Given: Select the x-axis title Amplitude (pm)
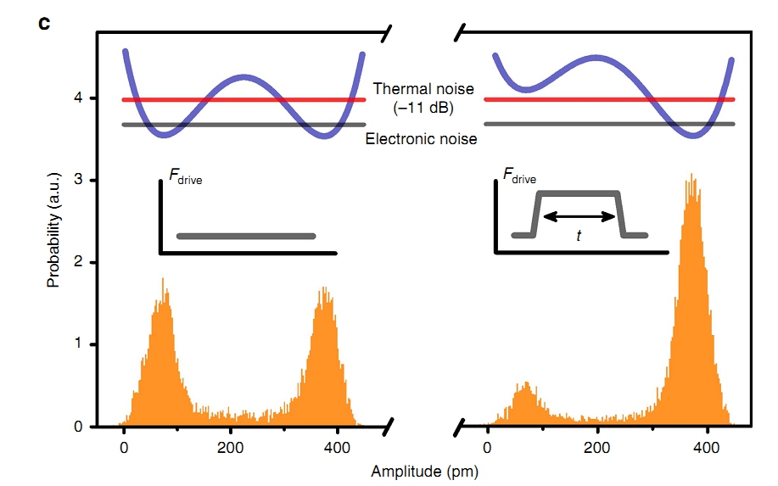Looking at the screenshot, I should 423,467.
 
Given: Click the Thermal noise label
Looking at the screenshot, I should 423,89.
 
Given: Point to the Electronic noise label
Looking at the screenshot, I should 422,138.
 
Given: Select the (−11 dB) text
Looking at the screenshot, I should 423,108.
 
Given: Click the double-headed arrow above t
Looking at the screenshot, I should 579,216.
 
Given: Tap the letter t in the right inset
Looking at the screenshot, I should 579,236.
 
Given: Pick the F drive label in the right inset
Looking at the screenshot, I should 519,178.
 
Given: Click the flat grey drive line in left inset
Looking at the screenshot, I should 246,236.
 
